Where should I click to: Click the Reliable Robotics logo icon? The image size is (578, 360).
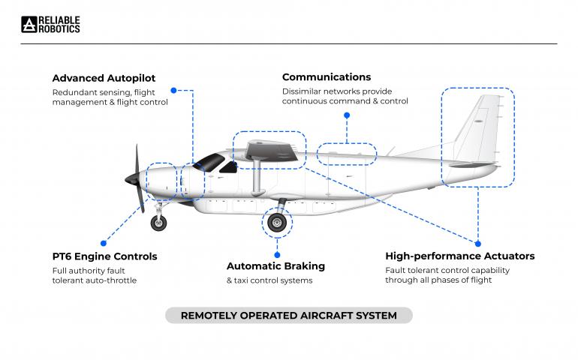point(29,24)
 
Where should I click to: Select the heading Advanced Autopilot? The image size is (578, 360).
point(104,78)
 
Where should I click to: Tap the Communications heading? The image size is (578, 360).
point(327,77)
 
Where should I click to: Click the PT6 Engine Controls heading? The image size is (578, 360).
point(104,256)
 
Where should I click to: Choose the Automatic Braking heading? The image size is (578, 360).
point(275,266)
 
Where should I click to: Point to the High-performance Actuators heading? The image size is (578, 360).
point(459,256)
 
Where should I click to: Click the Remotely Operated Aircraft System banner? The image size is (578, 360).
point(289,316)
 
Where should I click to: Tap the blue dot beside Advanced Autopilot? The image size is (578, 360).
point(173,90)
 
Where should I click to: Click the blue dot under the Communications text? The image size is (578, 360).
point(347,115)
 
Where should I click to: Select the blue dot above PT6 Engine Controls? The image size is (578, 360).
point(104,243)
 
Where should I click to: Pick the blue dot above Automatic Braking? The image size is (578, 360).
point(277,255)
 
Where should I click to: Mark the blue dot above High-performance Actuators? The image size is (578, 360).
point(478,244)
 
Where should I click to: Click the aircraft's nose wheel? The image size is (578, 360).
point(158,223)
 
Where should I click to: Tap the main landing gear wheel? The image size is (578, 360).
point(277,223)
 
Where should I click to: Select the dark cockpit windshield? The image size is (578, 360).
point(209,163)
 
